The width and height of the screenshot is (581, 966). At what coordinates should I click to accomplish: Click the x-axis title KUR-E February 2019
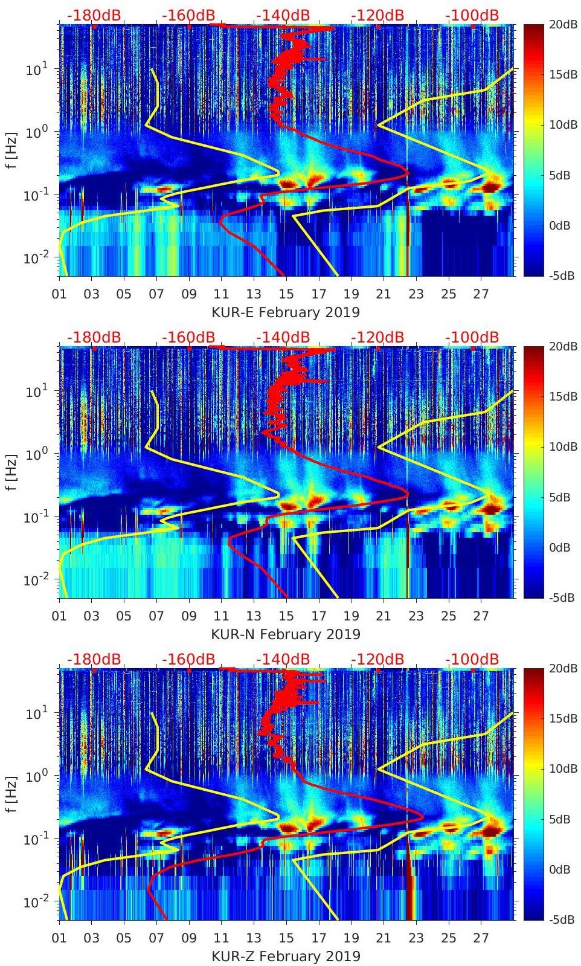coord(285,312)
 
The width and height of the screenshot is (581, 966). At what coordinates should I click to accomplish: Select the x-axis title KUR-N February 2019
coord(286,634)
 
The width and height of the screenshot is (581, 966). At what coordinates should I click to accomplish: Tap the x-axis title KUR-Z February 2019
coord(286,956)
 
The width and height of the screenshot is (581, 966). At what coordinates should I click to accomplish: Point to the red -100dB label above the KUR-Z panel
coord(472,659)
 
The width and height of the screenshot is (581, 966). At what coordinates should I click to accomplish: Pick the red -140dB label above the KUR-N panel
coord(283,337)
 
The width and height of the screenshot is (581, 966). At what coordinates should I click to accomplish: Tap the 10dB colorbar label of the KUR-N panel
coord(562,446)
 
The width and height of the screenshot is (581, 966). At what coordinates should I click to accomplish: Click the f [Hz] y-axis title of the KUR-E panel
coord(13,150)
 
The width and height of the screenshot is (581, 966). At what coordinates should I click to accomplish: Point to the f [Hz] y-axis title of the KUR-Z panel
coord(13,794)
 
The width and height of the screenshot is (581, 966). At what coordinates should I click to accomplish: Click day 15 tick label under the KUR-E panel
coord(286,294)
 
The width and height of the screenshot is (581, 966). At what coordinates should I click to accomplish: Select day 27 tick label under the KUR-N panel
coord(481,616)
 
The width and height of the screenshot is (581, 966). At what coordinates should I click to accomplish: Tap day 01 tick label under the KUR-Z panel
coord(59,938)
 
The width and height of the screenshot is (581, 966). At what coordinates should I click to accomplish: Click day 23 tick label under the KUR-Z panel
coord(416,938)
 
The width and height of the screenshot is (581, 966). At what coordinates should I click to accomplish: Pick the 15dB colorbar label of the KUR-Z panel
coord(562,718)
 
